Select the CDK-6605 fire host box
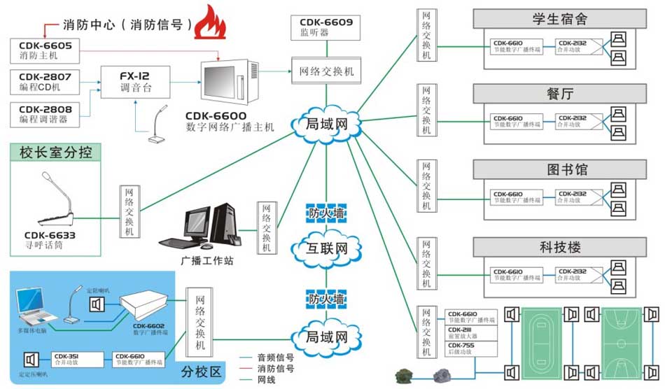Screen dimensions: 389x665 pos(45,49)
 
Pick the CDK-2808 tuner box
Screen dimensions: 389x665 pos(45,113)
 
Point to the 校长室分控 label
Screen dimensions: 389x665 pos(56,152)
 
